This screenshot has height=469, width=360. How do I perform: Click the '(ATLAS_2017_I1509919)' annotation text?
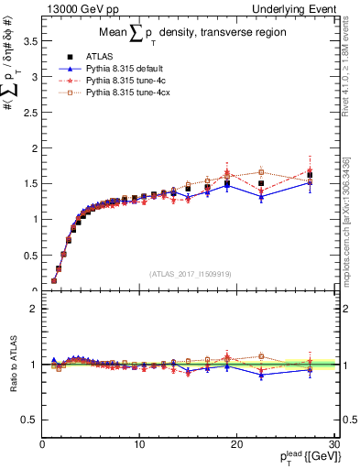click(x=189, y=273)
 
